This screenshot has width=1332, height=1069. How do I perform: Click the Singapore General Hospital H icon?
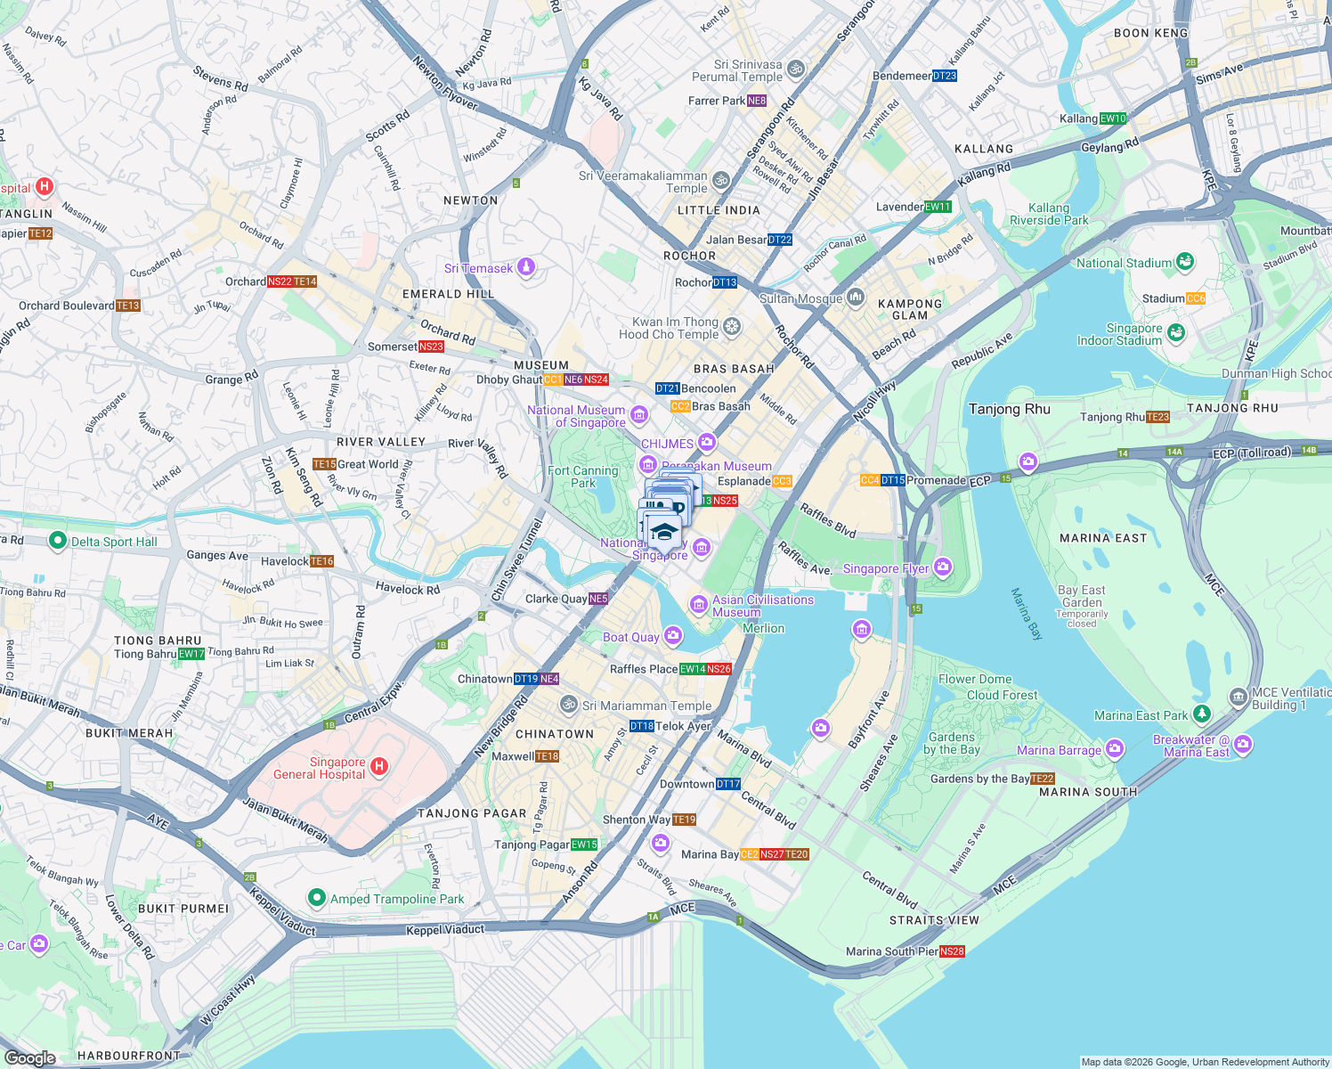tap(379, 766)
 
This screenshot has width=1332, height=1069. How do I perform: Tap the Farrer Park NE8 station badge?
tap(757, 101)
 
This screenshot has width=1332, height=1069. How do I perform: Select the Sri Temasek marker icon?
tap(526, 267)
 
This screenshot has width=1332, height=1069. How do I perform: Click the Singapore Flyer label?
tap(885, 568)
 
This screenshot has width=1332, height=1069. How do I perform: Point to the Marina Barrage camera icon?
tap(1114, 749)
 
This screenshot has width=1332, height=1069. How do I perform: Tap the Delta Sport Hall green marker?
tap(58, 541)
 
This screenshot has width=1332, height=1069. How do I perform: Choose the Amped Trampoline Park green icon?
tap(316, 898)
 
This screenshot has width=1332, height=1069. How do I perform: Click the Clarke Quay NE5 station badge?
tap(598, 599)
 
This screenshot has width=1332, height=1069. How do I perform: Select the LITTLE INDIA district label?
tap(719, 210)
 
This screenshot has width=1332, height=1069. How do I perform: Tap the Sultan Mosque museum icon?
tap(855, 298)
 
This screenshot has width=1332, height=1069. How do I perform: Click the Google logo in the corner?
tap(30, 1057)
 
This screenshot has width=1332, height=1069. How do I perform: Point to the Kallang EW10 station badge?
tap(1113, 118)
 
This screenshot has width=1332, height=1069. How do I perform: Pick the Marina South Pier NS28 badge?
tap(952, 951)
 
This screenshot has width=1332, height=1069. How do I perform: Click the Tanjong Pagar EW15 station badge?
tap(584, 845)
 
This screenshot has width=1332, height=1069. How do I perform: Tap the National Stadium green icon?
tap(1184, 262)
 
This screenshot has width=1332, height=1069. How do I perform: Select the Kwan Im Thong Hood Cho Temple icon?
tap(731, 327)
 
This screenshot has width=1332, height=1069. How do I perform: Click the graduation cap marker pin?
tap(663, 533)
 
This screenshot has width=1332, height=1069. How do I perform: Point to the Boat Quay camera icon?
tap(672, 635)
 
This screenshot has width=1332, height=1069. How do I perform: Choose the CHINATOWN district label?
tap(555, 734)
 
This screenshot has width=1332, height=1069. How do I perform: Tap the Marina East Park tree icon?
tap(1202, 714)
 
